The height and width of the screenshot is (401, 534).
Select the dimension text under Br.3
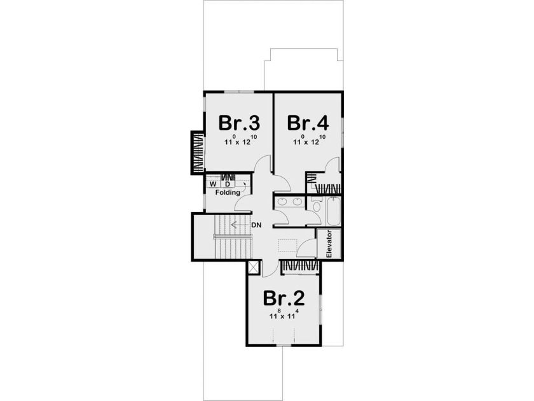pos(240,142)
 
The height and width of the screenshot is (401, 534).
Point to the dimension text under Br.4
pos(310,142)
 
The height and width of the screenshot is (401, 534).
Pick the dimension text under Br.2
pos(284,314)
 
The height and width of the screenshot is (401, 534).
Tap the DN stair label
pos(257,225)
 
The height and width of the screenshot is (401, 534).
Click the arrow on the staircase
pos(238,225)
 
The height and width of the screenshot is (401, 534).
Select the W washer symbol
pos(213,184)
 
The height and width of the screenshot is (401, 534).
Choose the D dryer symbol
pos(226,184)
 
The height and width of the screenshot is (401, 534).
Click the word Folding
pos(227,192)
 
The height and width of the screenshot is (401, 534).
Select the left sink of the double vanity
pos(284,203)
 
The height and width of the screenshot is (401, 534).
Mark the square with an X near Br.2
pos(254,267)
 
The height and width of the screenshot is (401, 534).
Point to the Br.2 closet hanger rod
pos(298,265)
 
